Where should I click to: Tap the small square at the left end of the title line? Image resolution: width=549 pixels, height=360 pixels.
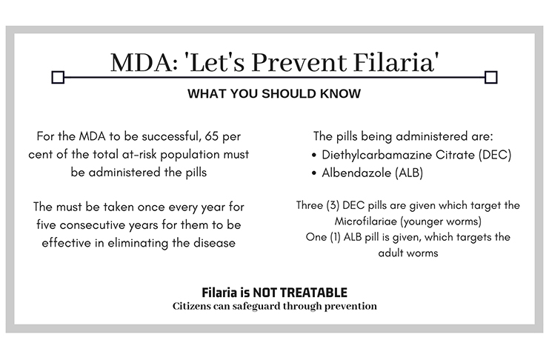58,77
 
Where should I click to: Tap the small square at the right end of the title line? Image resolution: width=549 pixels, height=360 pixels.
491,77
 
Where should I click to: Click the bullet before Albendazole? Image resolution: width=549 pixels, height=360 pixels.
313,173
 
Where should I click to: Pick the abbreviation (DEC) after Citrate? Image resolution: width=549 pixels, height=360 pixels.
495,155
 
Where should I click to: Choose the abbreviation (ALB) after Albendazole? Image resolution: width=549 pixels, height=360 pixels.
408,173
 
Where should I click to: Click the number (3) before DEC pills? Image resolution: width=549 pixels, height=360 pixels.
333,205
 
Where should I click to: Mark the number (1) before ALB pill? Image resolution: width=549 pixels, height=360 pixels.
335,237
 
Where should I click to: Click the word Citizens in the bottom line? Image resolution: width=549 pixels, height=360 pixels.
191,306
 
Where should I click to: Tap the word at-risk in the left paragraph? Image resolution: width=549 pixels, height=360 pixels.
140,154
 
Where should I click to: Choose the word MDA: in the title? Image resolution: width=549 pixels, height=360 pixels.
144,63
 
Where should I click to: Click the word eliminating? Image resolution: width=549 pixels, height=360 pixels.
139,244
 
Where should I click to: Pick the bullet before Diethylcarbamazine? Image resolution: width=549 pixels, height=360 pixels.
313,155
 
